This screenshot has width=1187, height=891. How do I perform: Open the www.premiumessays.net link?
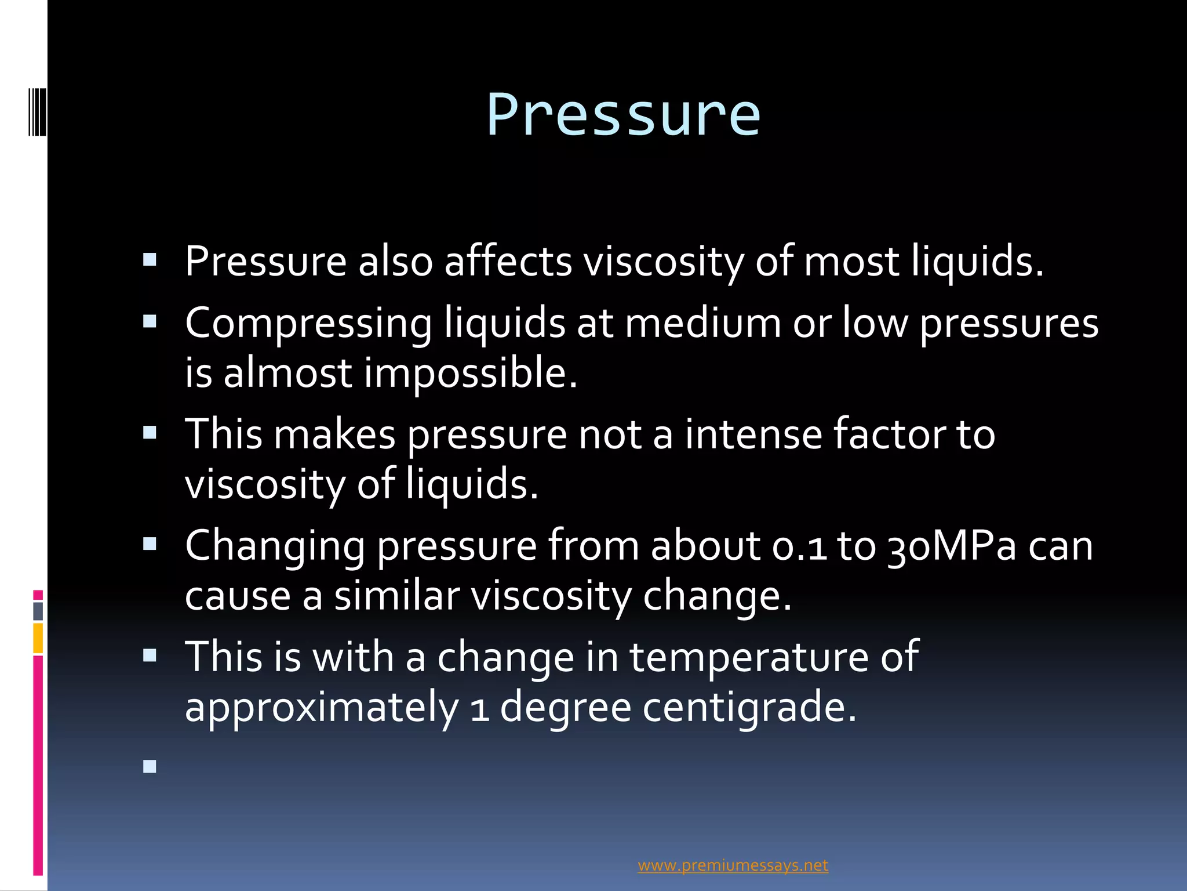[733, 865]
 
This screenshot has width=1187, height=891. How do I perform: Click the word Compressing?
[308, 323]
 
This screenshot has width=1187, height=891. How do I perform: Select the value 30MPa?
[952, 546]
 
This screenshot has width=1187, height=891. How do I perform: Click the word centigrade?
[749, 707]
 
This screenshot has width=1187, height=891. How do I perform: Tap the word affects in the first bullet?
[508, 261]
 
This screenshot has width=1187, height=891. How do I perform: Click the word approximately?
[322, 707]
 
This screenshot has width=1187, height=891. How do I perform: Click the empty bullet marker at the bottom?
[150, 767]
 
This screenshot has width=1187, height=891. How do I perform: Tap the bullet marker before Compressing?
[150, 322]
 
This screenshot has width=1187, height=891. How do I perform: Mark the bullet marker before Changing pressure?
[150, 544]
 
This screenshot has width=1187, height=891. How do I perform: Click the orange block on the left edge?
[38, 638]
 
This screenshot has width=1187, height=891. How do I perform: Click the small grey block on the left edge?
[38, 611]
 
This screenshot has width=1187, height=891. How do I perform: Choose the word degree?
[565, 707]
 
